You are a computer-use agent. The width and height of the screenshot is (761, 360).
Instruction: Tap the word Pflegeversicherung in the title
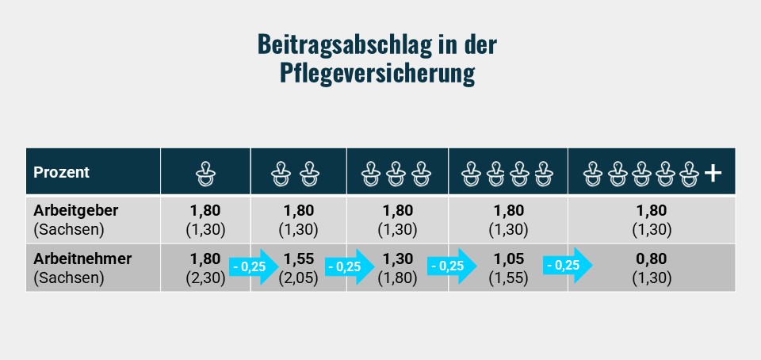click(x=377, y=73)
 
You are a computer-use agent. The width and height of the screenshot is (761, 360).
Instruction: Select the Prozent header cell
click(x=61, y=172)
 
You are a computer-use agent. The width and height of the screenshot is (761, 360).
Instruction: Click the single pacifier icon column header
click(x=205, y=172)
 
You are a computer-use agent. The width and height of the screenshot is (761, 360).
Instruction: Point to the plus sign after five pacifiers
click(x=713, y=172)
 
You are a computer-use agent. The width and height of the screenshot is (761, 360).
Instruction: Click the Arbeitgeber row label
click(x=75, y=211)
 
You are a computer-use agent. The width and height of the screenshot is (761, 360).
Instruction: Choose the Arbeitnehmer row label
click(x=82, y=259)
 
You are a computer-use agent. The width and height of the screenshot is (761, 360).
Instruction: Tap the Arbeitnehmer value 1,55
click(x=298, y=259)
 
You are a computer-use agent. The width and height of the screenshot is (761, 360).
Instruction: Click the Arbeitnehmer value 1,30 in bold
click(x=397, y=259)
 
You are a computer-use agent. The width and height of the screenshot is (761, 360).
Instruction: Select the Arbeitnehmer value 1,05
click(x=507, y=259)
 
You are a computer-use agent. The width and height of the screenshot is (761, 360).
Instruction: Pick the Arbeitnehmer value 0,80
click(x=652, y=259)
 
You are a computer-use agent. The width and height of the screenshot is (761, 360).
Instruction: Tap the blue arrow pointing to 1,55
click(x=253, y=266)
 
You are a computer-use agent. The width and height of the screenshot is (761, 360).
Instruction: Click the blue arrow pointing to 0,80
click(x=568, y=266)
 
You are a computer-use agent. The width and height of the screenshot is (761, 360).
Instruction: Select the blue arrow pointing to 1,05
click(x=453, y=266)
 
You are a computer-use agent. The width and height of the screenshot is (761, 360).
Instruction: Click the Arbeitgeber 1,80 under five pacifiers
click(x=652, y=211)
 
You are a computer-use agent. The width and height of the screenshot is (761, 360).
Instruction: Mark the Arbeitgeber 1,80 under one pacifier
click(x=205, y=211)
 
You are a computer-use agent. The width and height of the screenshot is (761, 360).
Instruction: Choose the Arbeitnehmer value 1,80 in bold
click(x=205, y=259)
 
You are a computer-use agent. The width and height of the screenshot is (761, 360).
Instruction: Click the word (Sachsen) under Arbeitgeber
click(x=69, y=230)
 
